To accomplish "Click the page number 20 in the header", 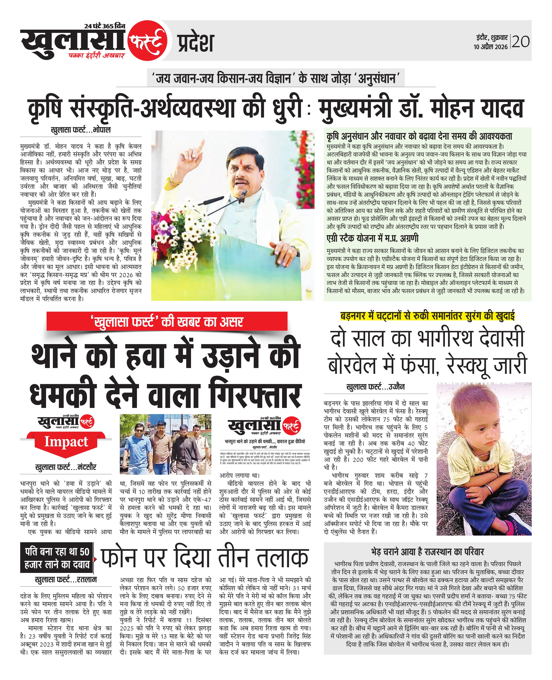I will (x=521, y=42).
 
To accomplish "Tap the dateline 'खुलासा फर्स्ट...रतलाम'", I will (x=66, y=579).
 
